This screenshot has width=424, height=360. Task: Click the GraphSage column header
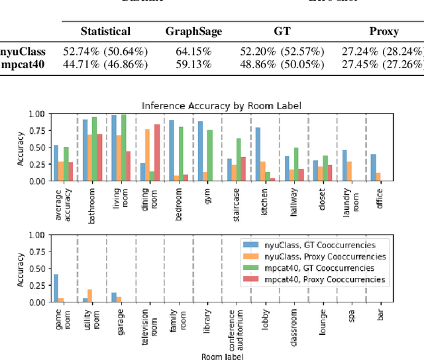193,31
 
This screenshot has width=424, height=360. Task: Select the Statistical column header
105,31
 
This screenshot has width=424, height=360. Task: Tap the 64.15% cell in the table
193,50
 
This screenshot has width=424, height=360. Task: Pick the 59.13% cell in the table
193,64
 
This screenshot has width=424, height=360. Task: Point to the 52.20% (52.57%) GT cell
282,50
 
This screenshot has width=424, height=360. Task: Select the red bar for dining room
156,152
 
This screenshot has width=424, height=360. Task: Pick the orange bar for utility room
90,296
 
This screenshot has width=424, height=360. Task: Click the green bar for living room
123,148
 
